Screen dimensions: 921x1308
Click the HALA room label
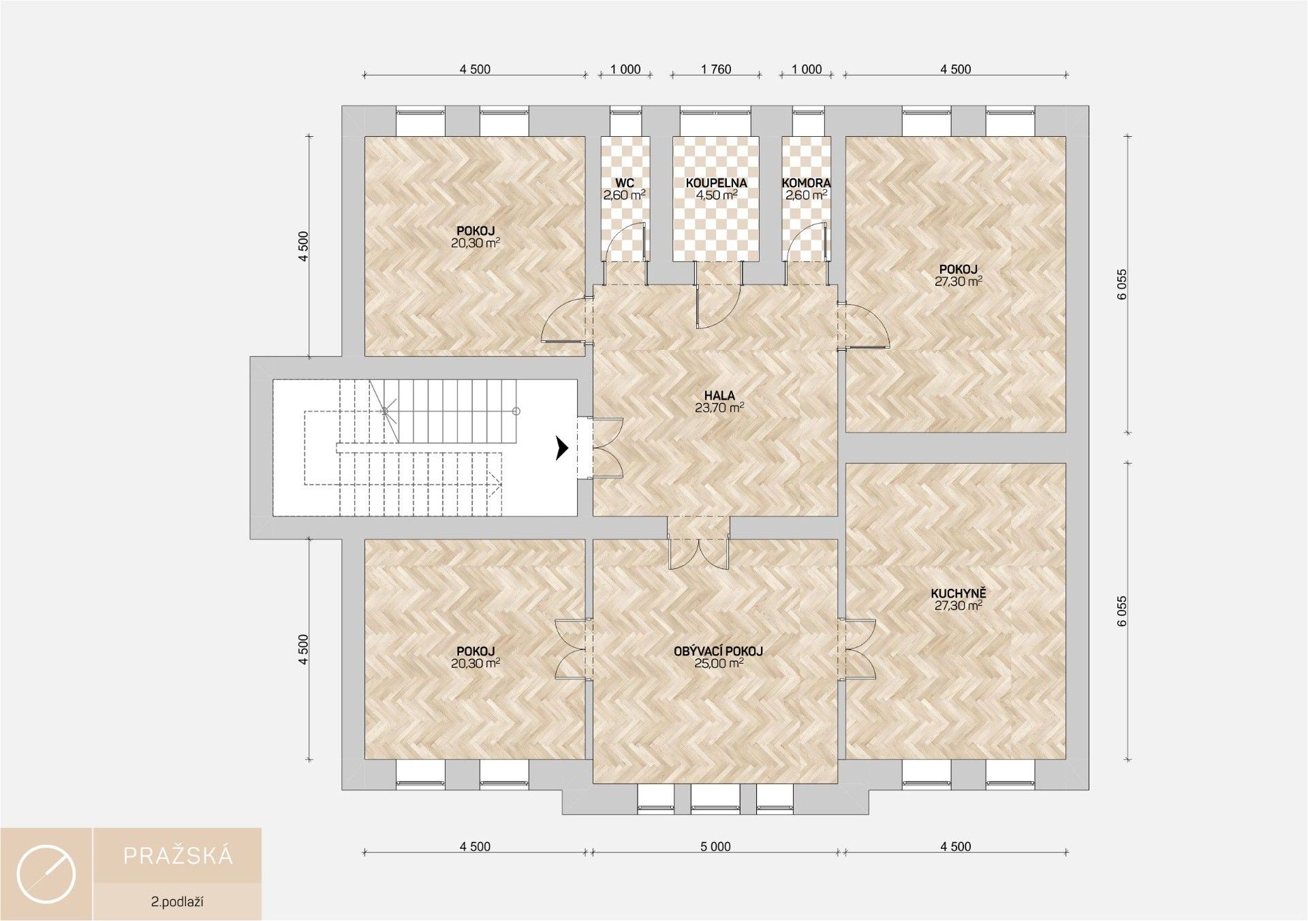point(719,395)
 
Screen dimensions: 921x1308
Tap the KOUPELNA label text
point(716,183)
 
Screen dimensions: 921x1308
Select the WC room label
point(624,183)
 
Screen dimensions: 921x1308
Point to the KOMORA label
point(806,183)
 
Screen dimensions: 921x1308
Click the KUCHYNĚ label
point(958,593)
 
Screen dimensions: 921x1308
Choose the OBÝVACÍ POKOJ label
point(718,651)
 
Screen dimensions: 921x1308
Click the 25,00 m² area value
point(718,663)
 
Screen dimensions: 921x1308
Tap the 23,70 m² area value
point(719,408)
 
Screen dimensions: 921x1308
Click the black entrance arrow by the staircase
point(562,448)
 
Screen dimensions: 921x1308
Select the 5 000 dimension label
point(715,846)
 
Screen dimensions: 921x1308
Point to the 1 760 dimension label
point(715,69)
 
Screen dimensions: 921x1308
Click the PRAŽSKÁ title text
point(178,856)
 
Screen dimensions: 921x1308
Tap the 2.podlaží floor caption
point(178,903)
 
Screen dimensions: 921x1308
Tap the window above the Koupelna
point(715,122)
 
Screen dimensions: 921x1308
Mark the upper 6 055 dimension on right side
point(1122,285)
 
